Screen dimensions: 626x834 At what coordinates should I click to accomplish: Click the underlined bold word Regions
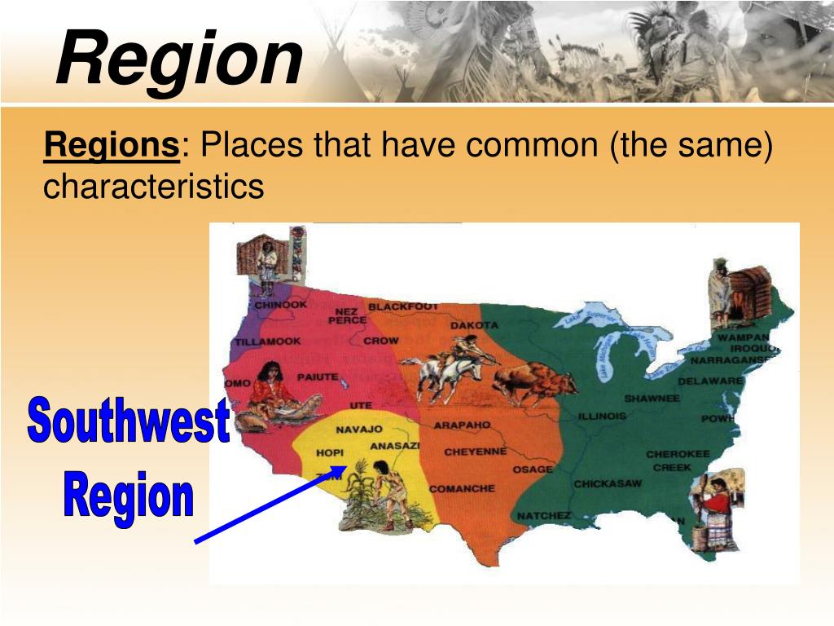click(112, 148)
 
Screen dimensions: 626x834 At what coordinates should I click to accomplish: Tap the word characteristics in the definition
click(153, 187)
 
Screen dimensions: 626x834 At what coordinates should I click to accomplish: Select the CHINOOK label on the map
click(281, 305)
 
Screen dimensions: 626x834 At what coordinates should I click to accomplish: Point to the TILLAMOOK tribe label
click(269, 342)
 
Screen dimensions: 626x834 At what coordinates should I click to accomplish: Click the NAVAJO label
click(359, 429)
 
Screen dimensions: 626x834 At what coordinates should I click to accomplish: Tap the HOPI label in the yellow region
click(330, 452)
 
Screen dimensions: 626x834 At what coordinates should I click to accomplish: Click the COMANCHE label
click(462, 488)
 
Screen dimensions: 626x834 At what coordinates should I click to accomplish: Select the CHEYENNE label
click(475, 452)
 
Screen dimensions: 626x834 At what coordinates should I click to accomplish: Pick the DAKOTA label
click(474, 325)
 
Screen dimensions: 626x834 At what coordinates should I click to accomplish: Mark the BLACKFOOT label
click(403, 306)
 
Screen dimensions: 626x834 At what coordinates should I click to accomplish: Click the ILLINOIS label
click(602, 416)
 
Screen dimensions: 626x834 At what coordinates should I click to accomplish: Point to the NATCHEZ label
click(543, 516)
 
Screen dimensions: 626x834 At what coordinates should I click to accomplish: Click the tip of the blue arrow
click(345, 467)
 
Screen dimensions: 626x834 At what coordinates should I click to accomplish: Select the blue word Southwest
click(128, 423)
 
